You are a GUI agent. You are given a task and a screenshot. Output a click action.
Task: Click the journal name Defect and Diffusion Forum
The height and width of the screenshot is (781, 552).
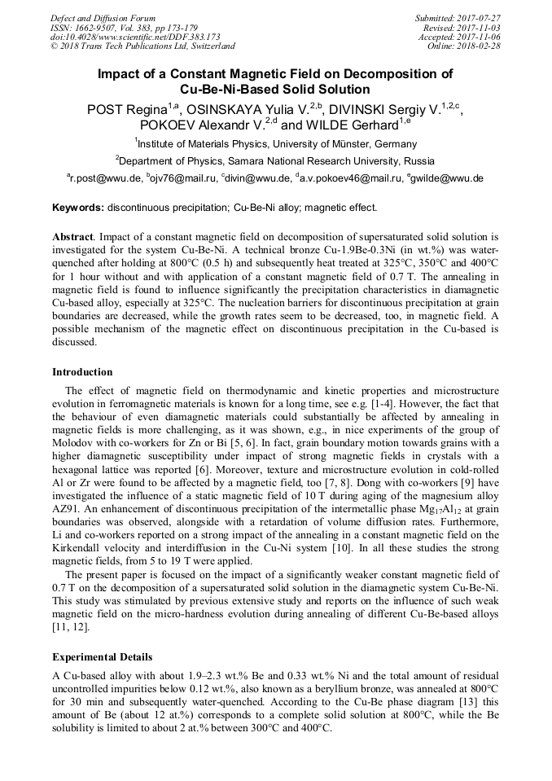pos(103,18)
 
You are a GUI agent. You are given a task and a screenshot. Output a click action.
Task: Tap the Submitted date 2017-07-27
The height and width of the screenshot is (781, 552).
pos(458,18)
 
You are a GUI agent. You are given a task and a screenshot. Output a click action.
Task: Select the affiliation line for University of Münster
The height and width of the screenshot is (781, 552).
pos(275,144)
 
